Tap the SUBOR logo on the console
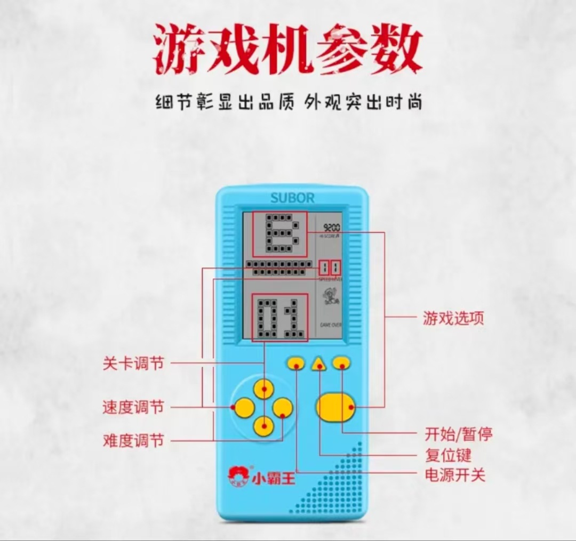292,198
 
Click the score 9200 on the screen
332,228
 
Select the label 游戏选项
453,319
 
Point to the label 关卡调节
133,364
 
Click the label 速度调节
133,408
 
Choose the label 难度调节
133,441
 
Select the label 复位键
448,455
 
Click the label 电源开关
455,474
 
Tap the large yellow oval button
335,408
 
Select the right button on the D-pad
283,408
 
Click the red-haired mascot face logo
236,474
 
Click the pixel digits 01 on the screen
279,318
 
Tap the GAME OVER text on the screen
331,325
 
